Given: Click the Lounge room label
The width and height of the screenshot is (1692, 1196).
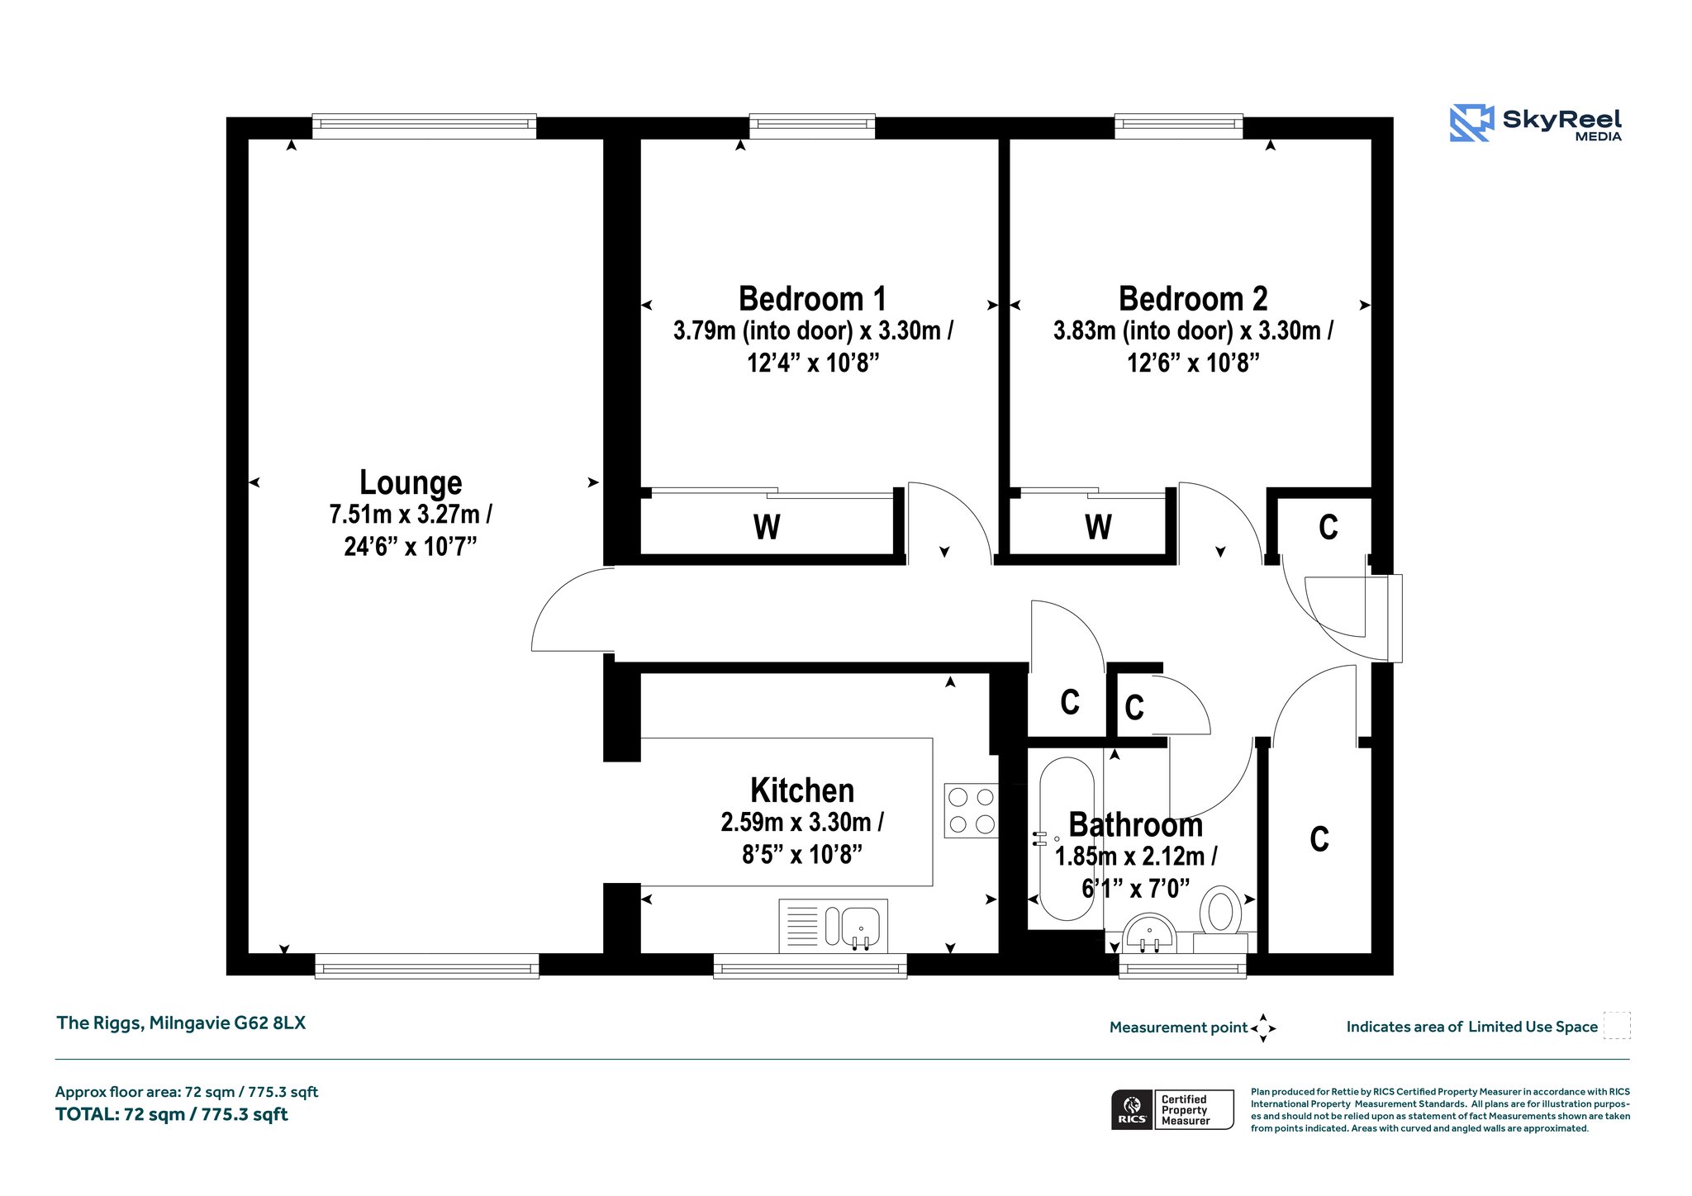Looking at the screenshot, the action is click(411, 482).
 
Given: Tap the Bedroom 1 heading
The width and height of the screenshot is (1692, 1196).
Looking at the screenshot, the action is click(812, 298).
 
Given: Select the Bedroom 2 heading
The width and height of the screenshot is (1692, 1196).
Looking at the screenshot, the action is click(1193, 298).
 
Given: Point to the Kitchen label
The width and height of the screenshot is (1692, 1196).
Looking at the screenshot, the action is click(802, 790).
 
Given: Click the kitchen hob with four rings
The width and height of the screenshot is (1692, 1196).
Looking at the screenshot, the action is click(972, 810).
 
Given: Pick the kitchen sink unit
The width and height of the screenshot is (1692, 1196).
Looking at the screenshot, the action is click(833, 926).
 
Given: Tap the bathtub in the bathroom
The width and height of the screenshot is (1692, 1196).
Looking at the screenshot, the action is click(1066, 839).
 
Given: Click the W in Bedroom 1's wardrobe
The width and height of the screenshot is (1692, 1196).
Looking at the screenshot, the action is click(767, 527).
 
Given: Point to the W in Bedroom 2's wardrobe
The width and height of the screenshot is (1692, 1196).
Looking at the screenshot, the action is click(1098, 527).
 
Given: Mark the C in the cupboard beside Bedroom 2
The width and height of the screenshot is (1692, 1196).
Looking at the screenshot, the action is click(1328, 527).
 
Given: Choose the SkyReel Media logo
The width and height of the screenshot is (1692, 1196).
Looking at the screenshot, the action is click(1536, 124).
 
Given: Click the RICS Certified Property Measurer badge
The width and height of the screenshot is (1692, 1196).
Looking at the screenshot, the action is click(1172, 1109).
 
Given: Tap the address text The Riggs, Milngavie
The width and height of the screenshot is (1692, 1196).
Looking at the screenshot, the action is click(181, 1023).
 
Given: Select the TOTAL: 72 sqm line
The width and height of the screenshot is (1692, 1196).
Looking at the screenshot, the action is click(172, 1114).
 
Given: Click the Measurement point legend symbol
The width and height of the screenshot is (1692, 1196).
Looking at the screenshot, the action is click(1263, 1028).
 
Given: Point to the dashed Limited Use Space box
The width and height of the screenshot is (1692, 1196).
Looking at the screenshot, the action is click(1617, 1025).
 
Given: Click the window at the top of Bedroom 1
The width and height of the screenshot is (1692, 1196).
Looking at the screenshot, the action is click(812, 126).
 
